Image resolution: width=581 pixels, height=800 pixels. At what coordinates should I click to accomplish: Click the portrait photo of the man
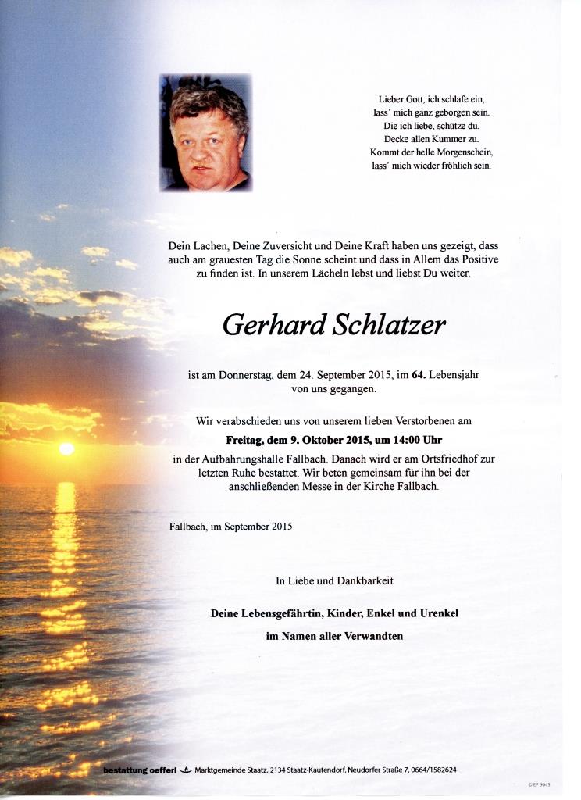pyautogui.click(x=205, y=133)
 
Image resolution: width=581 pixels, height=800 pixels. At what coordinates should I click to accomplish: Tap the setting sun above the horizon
pyautogui.click(x=66, y=448)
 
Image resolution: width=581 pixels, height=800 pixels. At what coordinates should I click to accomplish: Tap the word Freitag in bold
pyautogui.click(x=245, y=440)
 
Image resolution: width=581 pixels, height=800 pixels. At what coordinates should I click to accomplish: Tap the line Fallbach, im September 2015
pyautogui.click(x=230, y=527)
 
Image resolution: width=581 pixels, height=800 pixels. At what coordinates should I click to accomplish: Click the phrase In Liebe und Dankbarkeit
pyautogui.click(x=334, y=580)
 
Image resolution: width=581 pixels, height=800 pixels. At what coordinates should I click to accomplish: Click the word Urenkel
pyautogui.click(x=438, y=613)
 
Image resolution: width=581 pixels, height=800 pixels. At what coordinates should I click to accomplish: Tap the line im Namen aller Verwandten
pyautogui.click(x=334, y=636)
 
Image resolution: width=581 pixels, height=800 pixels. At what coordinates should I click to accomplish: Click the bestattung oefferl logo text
pyautogui.click(x=140, y=770)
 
